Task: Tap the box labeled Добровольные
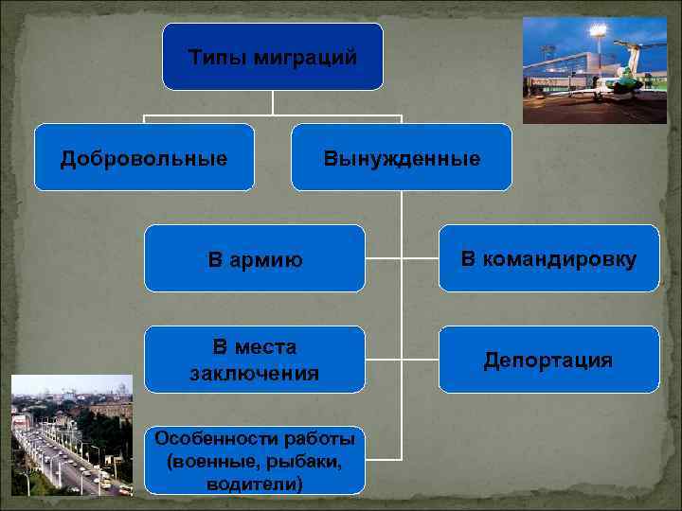click(x=144, y=157)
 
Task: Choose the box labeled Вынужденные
click(x=402, y=157)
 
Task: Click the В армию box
click(x=254, y=258)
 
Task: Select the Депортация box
click(x=548, y=360)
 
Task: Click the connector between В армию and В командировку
click(x=402, y=257)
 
